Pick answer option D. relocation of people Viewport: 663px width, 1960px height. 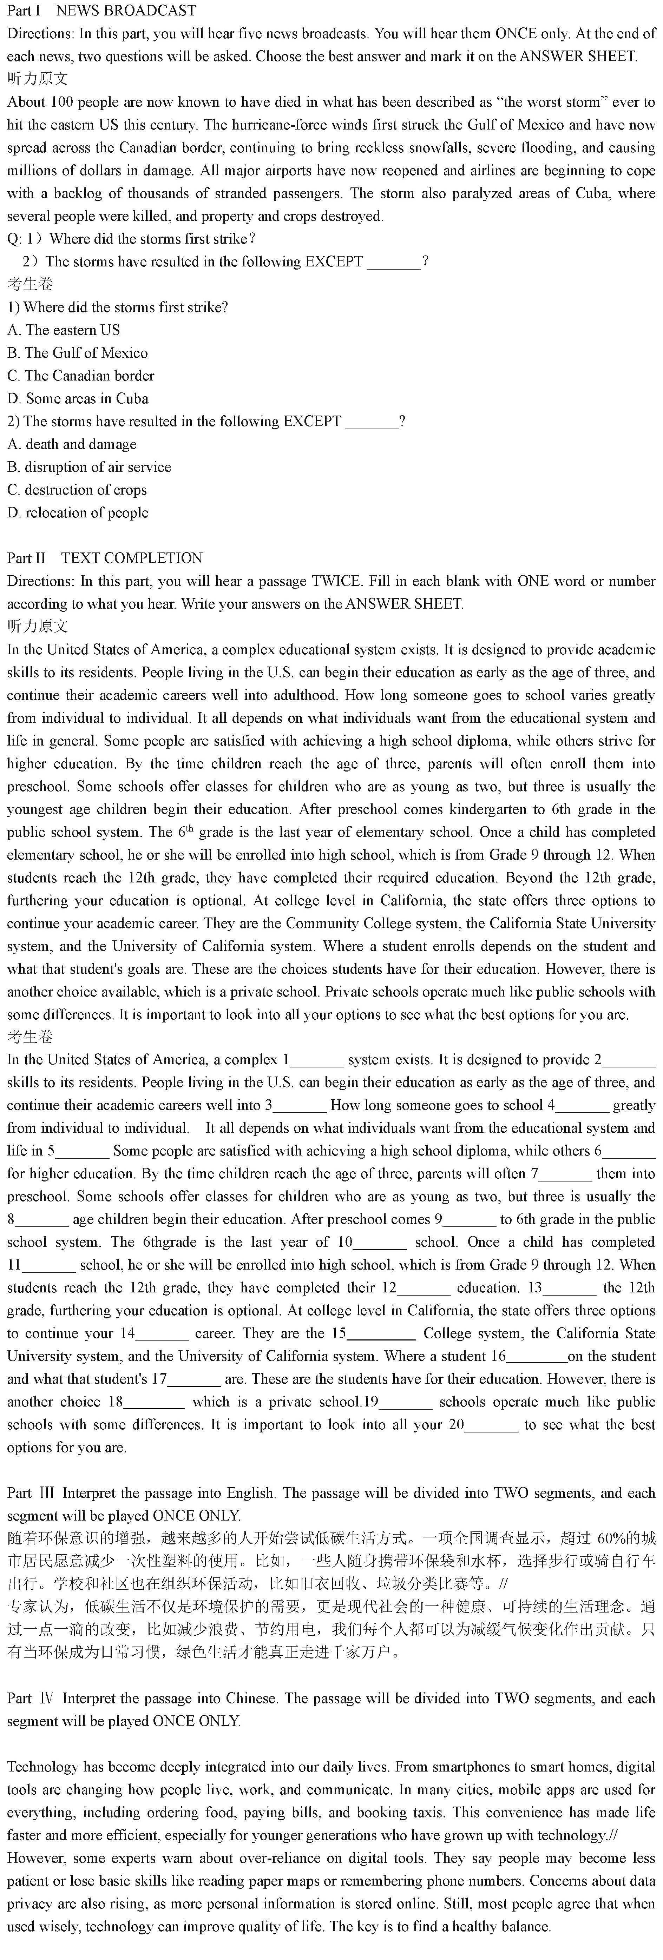(78, 512)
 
